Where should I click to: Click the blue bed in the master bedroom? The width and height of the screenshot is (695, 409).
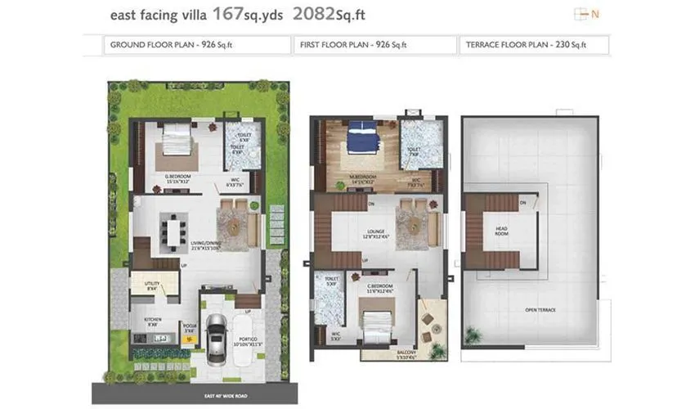(x=357, y=138)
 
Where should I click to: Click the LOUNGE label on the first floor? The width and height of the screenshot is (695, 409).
(x=378, y=231)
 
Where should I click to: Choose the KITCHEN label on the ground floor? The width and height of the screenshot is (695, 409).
(x=152, y=320)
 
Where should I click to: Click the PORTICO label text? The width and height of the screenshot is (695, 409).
(x=248, y=339)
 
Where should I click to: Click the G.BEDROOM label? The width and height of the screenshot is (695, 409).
(x=177, y=176)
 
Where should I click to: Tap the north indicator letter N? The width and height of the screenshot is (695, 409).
(x=595, y=14)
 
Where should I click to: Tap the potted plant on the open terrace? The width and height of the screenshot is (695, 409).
(x=473, y=335)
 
